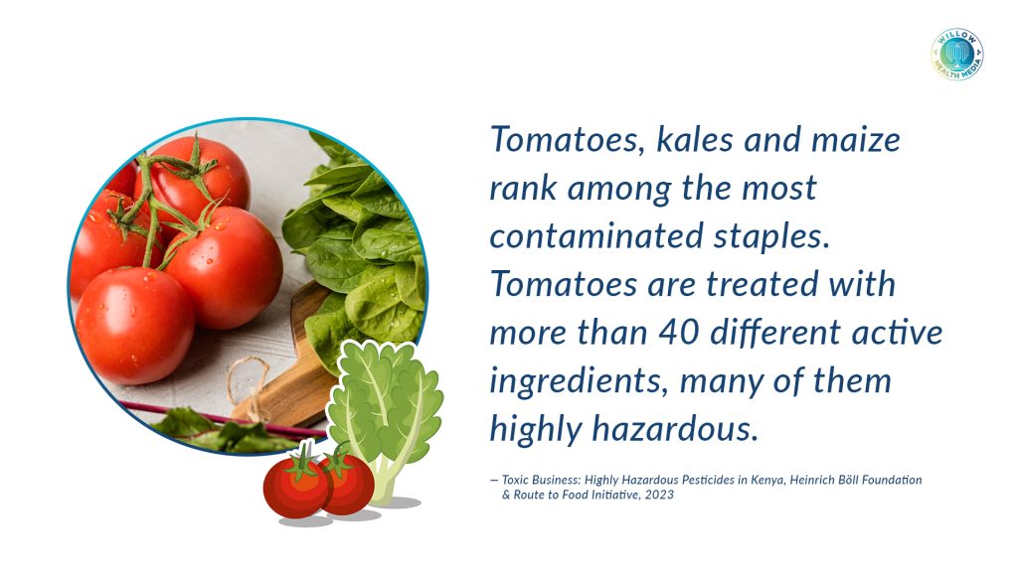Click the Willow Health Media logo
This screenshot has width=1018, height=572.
point(957,55)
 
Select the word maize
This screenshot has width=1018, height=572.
point(856,140)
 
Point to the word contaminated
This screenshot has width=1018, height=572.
point(596,236)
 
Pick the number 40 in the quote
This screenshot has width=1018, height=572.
point(678,333)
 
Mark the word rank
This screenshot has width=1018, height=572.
point(523,188)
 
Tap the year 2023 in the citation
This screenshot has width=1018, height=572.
point(660,495)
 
